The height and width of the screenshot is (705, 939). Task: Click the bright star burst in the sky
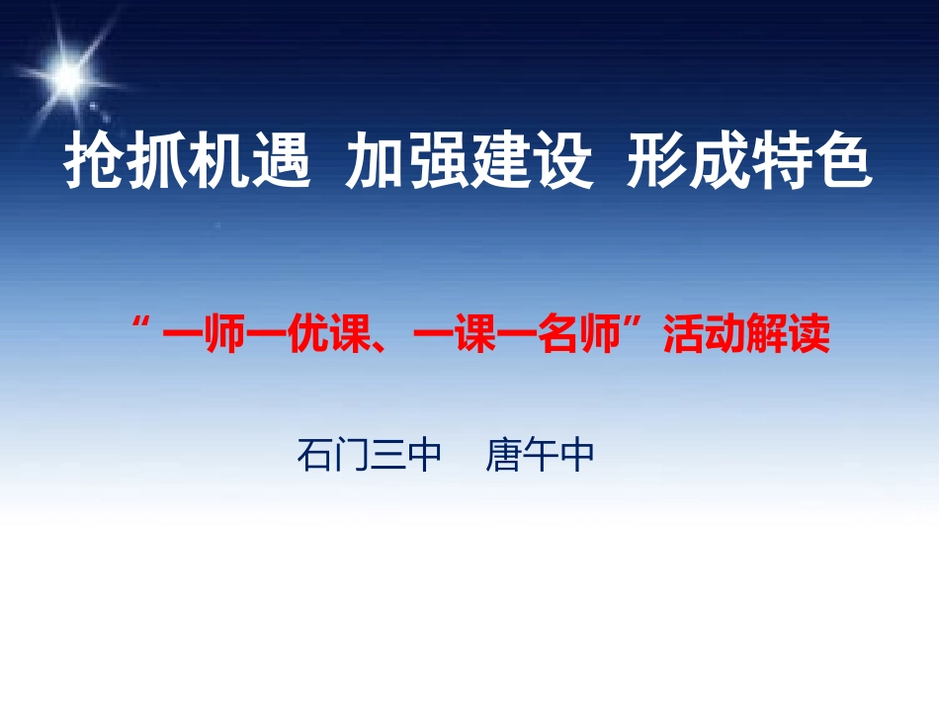[69, 70]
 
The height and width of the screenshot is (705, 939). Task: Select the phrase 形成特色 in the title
[750, 163]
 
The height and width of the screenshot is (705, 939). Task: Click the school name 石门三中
[368, 456]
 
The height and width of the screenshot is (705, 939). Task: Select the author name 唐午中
[540, 456]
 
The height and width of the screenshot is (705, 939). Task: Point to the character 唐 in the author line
[503, 456]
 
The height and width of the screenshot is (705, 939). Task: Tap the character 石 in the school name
[314, 456]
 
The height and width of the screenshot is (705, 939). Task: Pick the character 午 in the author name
[541, 456]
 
